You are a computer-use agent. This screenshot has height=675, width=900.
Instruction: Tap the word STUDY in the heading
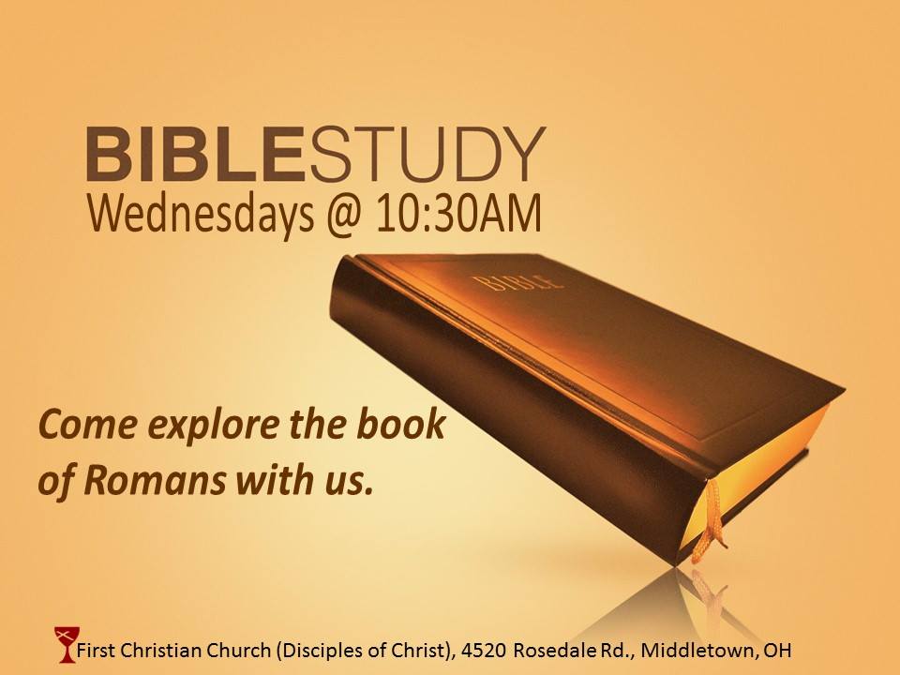coord(427,155)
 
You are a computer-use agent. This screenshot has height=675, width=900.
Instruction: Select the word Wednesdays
coord(201,214)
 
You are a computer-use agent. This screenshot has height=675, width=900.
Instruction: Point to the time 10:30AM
coord(458,214)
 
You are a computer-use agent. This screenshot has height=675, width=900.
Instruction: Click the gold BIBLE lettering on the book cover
coord(517,282)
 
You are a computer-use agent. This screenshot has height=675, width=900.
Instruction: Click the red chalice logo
coord(66,645)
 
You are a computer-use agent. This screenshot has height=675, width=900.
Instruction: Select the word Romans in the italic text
coord(155,480)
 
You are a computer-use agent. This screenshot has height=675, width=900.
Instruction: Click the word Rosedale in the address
coord(556,651)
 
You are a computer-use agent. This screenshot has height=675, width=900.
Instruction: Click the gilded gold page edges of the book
coord(763,476)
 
